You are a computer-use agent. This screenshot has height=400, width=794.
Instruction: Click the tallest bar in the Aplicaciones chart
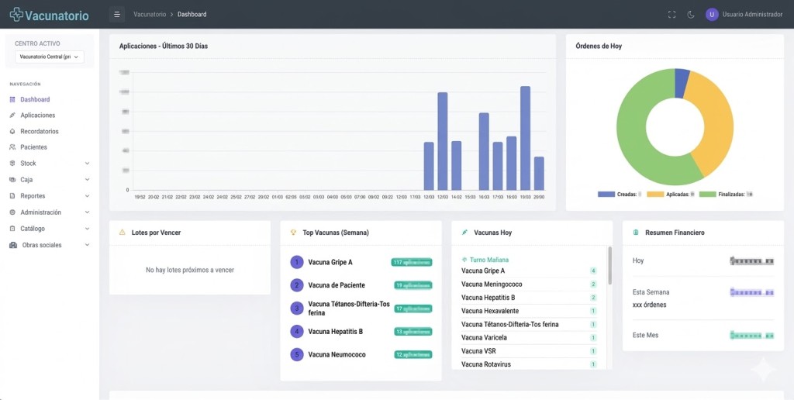pos(525,138)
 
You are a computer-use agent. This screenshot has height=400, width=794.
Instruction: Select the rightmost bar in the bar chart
pos(539,173)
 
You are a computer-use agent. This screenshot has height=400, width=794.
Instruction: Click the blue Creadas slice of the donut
pos(682,82)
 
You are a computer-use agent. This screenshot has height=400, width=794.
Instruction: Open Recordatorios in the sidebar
pos(39,131)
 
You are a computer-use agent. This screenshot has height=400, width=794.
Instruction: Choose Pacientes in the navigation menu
pos(33,147)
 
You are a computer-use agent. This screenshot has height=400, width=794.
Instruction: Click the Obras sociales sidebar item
pos(42,245)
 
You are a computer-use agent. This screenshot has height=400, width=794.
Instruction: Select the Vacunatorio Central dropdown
pos(50,57)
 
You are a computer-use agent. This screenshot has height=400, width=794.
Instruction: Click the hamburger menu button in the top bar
pos(117,14)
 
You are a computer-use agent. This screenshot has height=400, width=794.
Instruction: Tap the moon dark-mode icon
pos(690,14)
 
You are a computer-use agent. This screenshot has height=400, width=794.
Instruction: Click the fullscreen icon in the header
pos(671,14)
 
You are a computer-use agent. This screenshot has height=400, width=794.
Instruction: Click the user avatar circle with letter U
pos(712,14)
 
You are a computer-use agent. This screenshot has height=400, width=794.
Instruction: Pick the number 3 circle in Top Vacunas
pos(296,309)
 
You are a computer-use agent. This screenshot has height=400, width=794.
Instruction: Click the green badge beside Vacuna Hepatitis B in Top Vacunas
pos(412,332)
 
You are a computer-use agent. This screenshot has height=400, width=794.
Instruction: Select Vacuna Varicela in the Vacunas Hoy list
pos(484,337)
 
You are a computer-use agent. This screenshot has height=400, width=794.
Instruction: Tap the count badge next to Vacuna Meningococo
pos(593,284)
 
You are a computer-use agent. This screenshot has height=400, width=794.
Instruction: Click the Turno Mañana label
pos(488,260)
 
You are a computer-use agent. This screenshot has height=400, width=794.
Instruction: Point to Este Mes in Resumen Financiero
pos(645,335)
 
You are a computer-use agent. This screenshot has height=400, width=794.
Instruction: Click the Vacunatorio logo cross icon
pos(16,15)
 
